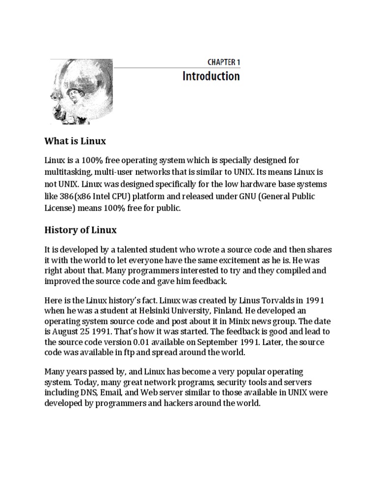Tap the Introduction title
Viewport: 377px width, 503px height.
pyautogui.click(x=211, y=76)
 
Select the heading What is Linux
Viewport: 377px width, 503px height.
pyautogui.click(x=75, y=141)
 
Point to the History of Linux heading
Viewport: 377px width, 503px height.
pyautogui.click(x=81, y=230)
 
